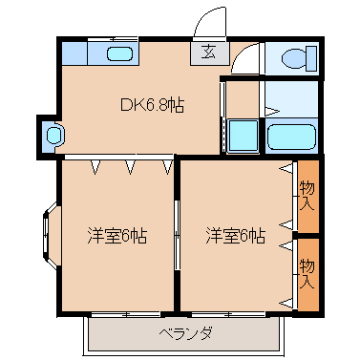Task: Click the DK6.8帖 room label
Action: coord(151,106)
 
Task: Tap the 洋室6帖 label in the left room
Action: coord(117,235)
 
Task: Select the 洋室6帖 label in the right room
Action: coord(235,235)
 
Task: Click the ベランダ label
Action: coord(185,333)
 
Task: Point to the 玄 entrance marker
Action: coord(208,53)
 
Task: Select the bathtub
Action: coord(290,136)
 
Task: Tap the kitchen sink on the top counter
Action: coord(119,53)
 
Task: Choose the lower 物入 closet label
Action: coord(307,271)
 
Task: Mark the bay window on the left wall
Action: coord(49,231)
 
